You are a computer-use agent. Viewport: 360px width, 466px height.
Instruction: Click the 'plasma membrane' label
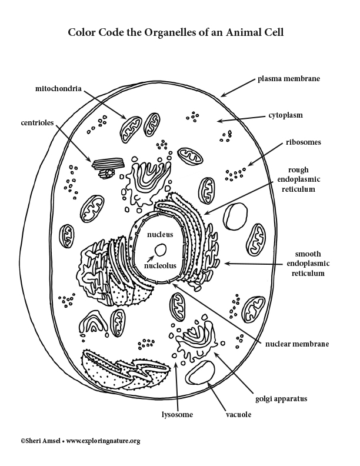pos(288,79)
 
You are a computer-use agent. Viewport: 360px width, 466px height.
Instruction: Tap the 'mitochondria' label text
pos(58,89)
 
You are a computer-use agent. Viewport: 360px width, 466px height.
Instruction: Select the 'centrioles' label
pos(37,123)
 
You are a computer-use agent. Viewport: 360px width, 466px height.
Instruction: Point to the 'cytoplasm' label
pos(285,115)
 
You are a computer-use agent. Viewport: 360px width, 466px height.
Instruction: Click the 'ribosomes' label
pos(304,142)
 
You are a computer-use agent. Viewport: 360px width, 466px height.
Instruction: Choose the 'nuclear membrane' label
pos(297,344)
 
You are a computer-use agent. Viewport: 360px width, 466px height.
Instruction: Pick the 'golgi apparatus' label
pos(281,399)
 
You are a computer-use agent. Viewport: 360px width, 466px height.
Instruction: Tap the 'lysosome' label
pos(177,415)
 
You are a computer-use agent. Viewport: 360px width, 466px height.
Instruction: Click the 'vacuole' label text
pos(238,415)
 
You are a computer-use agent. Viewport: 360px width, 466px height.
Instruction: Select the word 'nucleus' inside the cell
pos(160,235)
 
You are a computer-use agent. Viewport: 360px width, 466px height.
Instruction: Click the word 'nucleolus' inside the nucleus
pos(160,265)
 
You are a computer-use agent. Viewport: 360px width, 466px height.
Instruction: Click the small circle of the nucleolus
pos(161,250)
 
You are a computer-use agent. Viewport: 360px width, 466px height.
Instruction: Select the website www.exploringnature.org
pos(103,441)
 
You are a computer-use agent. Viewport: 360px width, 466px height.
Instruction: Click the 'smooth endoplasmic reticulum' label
pos(308,264)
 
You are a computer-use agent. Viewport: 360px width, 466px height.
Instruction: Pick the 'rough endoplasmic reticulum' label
pos(298,179)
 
